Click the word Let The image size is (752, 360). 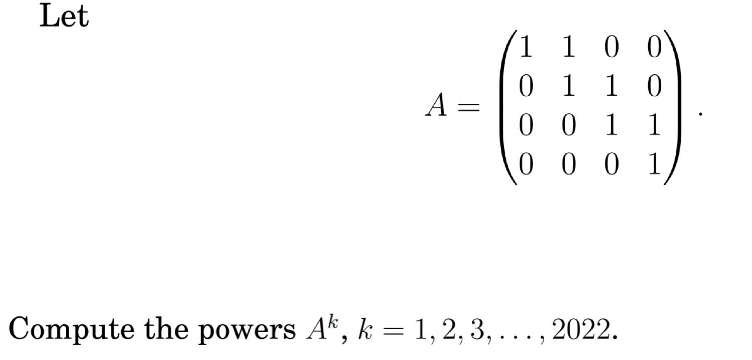64,16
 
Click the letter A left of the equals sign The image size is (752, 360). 436,106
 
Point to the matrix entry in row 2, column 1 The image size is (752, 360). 525,87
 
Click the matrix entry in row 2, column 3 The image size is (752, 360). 611,87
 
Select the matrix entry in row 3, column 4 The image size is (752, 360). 654,126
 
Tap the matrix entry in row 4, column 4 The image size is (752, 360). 654,165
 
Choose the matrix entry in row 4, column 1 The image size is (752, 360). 525,165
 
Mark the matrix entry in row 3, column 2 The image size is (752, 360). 568,126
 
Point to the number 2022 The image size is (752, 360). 580,329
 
